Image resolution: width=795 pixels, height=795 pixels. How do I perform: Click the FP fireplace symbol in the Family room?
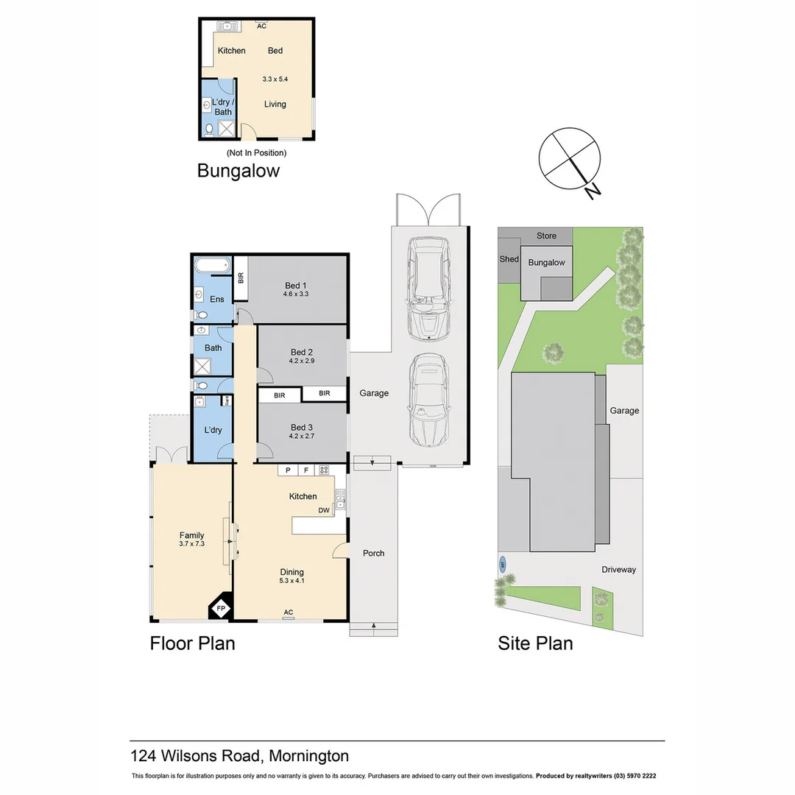[221, 608]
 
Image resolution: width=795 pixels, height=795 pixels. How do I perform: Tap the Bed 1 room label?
[295, 286]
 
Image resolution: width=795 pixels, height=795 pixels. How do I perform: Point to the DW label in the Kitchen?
[324, 510]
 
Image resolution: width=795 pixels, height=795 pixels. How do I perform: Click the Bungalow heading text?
[239, 171]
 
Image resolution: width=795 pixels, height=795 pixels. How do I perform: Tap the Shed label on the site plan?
[509, 259]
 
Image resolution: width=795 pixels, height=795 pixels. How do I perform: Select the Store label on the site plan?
[546, 236]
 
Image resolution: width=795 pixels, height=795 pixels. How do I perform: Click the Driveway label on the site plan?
[618, 569]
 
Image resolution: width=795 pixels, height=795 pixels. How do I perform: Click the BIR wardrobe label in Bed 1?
[240, 278]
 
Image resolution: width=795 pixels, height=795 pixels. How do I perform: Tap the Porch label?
[373, 553]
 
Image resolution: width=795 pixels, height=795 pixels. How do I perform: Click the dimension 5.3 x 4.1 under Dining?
[291, 581]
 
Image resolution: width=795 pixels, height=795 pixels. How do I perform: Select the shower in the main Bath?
[202, 367]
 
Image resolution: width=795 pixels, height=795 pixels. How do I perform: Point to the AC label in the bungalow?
[261, 25]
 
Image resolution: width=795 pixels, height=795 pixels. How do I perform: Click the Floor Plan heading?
[192, 643]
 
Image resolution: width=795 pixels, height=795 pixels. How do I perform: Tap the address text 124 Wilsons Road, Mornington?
[239, 755]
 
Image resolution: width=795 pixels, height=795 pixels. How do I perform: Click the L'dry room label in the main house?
[212, 430]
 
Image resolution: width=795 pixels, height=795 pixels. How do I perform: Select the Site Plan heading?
[535, 643]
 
